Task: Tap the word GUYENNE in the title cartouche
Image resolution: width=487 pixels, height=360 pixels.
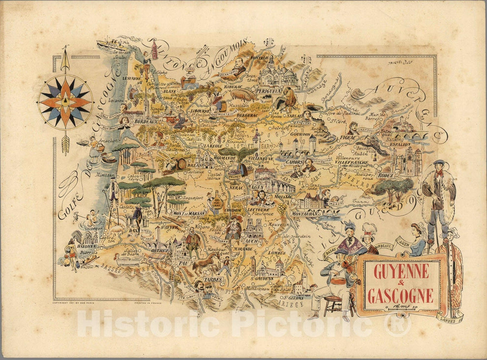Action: click(x=401, y=271)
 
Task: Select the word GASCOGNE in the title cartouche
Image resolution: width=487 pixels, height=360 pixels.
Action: click(x=400, y=295)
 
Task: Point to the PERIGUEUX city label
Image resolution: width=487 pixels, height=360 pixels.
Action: click(x=268, y=91)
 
